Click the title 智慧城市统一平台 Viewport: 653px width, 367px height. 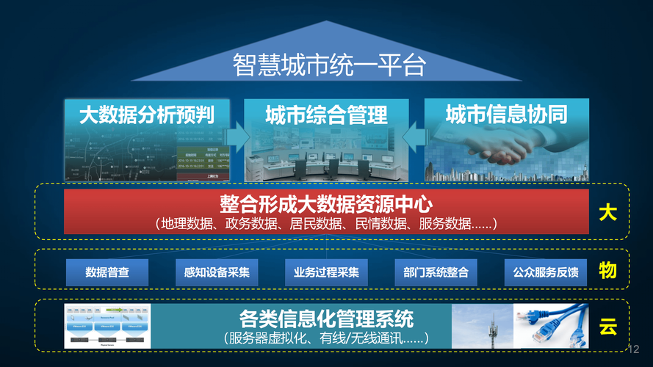coord(329,65)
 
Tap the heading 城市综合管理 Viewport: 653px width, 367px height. coord(326,115)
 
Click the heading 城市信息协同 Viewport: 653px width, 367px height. coord(507,115)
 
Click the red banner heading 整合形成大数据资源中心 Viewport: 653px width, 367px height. coord(326,203)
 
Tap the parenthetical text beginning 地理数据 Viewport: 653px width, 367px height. coord(326,223)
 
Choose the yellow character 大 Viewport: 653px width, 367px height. coord(607,214)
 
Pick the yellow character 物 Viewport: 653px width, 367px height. coord(607,271)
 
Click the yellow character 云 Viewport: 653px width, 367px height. coord(607,327)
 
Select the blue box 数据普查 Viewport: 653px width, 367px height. coord(107,273)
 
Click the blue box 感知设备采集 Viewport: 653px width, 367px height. coord(217,273)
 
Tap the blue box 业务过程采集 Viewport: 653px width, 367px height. coord(326,273)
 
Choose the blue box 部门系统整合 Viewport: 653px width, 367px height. coord(436,273)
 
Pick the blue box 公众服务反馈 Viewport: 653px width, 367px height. coord(546,273)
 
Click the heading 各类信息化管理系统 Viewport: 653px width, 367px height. coord(326,319)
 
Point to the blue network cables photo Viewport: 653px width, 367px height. coord(551,326)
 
